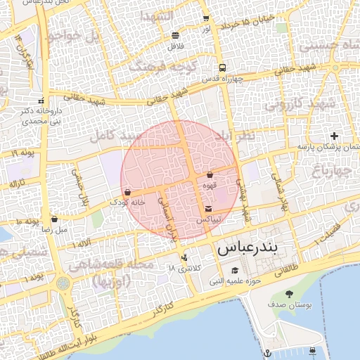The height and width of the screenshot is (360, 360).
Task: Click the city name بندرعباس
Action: [247, 248]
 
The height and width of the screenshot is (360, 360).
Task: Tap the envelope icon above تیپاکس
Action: [209, 209]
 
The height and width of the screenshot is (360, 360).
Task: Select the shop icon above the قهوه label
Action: [210, 174]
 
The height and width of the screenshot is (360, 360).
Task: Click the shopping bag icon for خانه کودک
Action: [127, 191]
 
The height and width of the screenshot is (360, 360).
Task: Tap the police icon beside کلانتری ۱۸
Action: [184, 258]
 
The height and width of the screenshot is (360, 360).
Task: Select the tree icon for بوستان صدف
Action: [289, 294]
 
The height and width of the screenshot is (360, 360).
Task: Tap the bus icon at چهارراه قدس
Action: [223, 68]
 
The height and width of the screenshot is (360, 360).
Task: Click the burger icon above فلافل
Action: [174, 35]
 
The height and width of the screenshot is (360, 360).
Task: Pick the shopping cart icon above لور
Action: [205, 18]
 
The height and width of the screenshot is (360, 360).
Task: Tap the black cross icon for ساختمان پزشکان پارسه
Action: [334, 136]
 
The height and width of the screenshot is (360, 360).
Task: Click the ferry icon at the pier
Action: [313, 349]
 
